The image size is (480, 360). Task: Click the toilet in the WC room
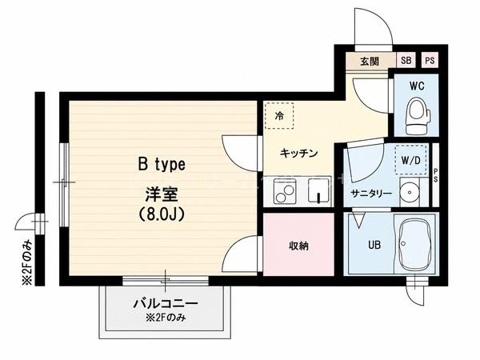click(x=418, y=116)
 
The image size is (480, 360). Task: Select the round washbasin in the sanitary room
click(x=410, y=192)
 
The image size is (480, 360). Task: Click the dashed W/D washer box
click(x=411, y=160)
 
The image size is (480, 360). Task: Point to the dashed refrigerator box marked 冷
click(x=279, y=116)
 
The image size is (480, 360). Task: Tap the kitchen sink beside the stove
click(x=318, y=190)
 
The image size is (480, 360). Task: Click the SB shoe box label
click(x=406, y=60)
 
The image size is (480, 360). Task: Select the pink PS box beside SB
click(x=430, y=60)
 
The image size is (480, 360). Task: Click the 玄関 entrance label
click(x=370, y=62)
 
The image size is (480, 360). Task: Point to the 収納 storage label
click(x=298, y=246)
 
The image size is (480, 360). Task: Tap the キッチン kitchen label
click(x=298, y=153)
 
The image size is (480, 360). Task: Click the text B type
click(x=162, y=165)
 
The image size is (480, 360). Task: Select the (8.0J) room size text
click(x=162, y=214)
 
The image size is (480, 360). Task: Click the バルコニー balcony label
click(x=166, y=303)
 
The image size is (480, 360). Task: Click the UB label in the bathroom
click(x=374, y=245)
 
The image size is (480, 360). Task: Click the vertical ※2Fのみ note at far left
click(x=26, y=262)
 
